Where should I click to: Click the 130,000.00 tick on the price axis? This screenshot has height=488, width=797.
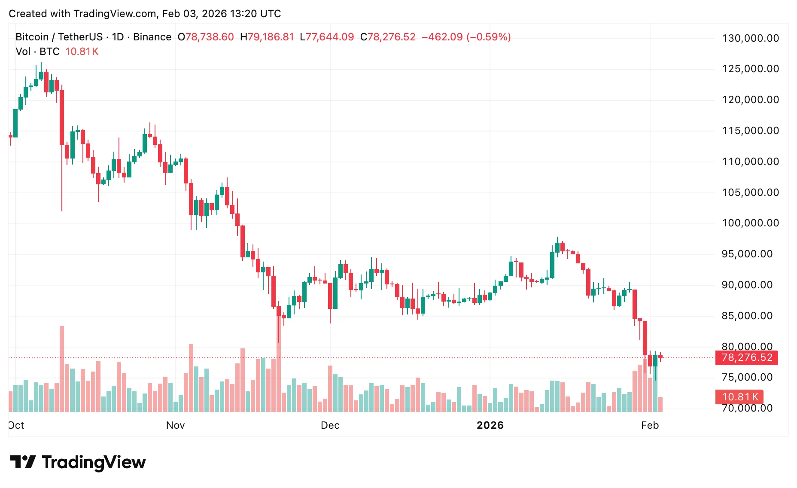click(x=750, y=38)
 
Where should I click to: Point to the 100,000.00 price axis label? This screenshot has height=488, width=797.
click(x=750, y=223)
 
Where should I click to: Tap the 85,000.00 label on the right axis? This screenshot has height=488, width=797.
click(x=747, y=316)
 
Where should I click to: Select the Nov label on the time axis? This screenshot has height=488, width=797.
click(x=175, y=425)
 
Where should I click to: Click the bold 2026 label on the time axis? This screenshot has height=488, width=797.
click(x=490, y=425)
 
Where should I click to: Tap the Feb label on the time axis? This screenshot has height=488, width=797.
click(x=650, y=425)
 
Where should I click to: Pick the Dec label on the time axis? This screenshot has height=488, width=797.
click(x=330, y=425)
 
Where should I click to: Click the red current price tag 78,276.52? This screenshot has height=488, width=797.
click(x=746, y=357)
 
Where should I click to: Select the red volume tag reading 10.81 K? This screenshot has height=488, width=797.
click(x=739, y=397)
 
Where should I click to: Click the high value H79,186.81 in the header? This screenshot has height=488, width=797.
click(x=267, y=37)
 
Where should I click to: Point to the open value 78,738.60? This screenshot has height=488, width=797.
click(x=209, y=37)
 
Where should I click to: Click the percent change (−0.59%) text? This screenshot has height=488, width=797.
click(x=489, y=37)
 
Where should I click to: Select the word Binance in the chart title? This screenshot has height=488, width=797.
click(x=152, y=37)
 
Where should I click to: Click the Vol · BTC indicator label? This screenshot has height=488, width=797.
click(x=37, y=52)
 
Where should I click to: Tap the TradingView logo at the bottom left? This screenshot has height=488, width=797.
click(x=78, y=462)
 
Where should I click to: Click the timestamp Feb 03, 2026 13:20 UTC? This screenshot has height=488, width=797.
click(x=222, y=14)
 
